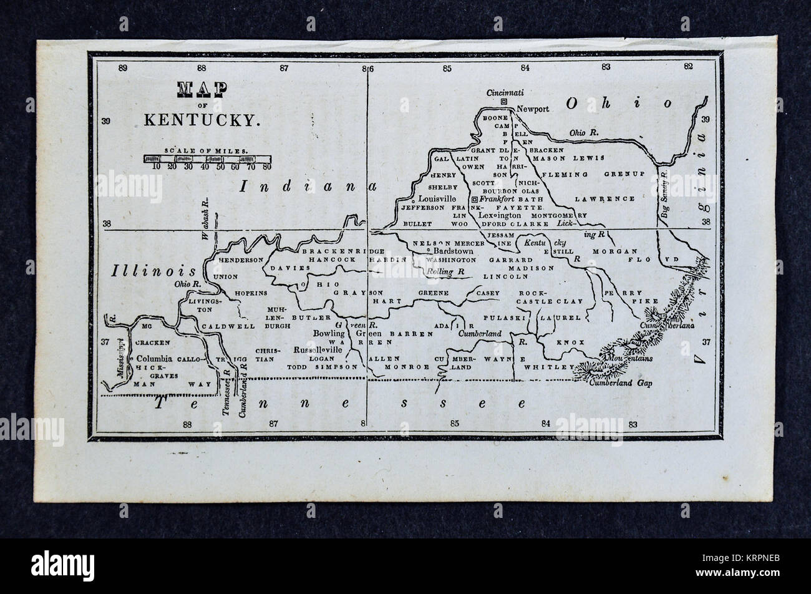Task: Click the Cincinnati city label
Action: point(505,92)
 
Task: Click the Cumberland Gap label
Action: point(621,384)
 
